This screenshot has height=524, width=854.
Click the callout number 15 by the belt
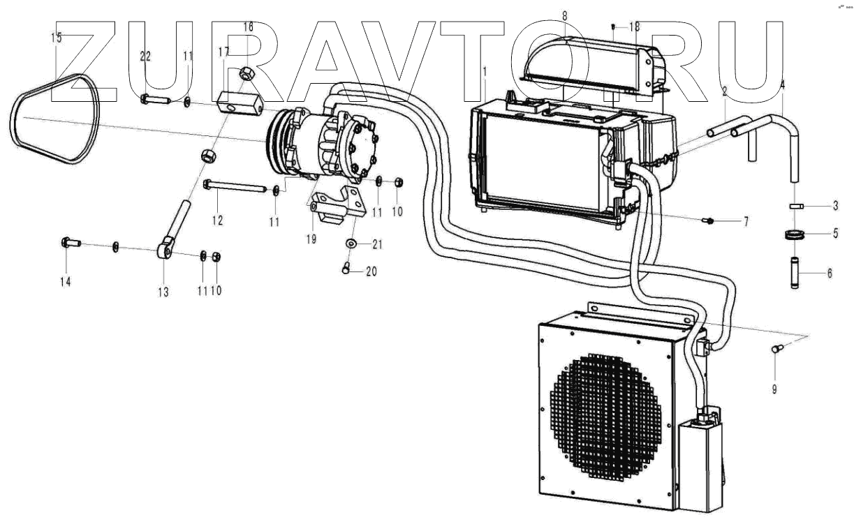[57, 37]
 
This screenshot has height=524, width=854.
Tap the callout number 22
[145, 57]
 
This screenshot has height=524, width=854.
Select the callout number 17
[223, 52]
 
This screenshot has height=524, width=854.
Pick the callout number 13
[163, 293]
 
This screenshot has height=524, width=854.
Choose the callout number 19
[311, 239]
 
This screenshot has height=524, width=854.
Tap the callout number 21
[377, 244]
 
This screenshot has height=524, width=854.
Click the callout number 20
[371, 271]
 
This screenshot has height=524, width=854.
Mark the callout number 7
[745, 222]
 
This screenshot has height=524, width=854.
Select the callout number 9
[774, 389]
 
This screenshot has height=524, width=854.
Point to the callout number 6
[829, 274]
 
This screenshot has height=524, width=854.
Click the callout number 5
[835, 234]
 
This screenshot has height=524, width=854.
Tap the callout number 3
[834, 207]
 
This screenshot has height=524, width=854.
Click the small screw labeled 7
[709, 221]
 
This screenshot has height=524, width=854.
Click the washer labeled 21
[351, 244]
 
